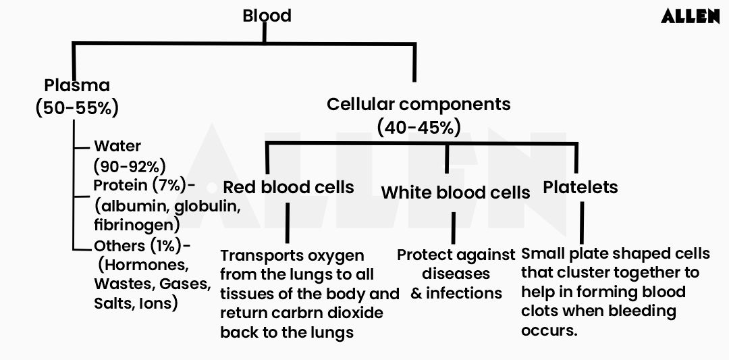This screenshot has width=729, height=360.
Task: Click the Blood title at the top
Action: (x=267, y=16)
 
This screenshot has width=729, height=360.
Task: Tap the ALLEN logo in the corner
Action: (x=690, y=17)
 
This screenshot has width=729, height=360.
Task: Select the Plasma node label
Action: (x=76, y=86)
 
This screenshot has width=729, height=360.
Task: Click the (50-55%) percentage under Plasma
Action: (x=77, y=107)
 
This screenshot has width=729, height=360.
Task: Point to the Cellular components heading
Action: (x=418, y=105)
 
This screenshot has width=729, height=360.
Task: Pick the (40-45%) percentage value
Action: (x=419, y=126)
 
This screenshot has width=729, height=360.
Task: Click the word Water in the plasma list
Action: (x=117, y=146)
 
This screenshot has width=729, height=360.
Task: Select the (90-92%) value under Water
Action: (x=130, y=166)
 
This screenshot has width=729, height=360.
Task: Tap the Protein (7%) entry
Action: (x=140, y=186)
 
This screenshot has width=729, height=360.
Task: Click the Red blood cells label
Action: (x=288, y=187)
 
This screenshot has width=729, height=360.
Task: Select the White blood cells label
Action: (x=455, y=192)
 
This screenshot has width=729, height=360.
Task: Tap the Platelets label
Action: (x=580, y=187)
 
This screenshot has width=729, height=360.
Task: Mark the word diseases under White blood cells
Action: (x=456, y=274)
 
